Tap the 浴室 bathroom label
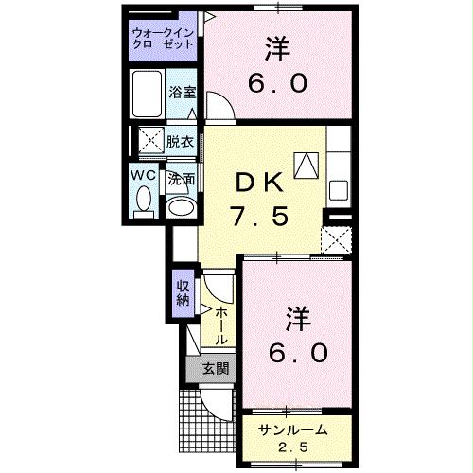182,92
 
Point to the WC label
144,175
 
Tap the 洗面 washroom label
182,177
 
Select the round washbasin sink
179,205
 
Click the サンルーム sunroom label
293,429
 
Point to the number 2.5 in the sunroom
293,447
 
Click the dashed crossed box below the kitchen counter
336,239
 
